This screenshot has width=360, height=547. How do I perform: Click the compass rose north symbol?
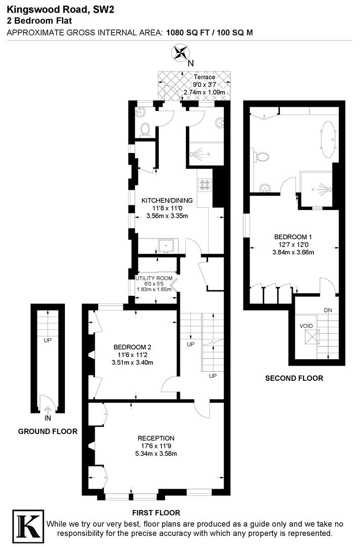click(180, 53)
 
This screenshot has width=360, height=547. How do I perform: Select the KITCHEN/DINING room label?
click(167, 200)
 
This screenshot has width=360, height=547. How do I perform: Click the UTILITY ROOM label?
click(154, 278)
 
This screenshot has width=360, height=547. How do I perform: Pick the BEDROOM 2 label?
click(132, 347)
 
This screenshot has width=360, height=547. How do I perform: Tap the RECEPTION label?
click(156, 438)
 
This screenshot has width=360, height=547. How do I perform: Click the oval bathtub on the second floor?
click(329, 137)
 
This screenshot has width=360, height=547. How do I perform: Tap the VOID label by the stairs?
click(306, 326)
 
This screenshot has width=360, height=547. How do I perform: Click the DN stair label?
click(329, 310)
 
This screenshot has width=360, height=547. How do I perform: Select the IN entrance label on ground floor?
click(47, 419)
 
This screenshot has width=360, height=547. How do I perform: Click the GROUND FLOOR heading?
click(48, 432)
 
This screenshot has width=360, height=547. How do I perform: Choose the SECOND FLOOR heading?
click(294, 378)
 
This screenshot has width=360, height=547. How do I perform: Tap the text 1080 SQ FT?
click(189, 32)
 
